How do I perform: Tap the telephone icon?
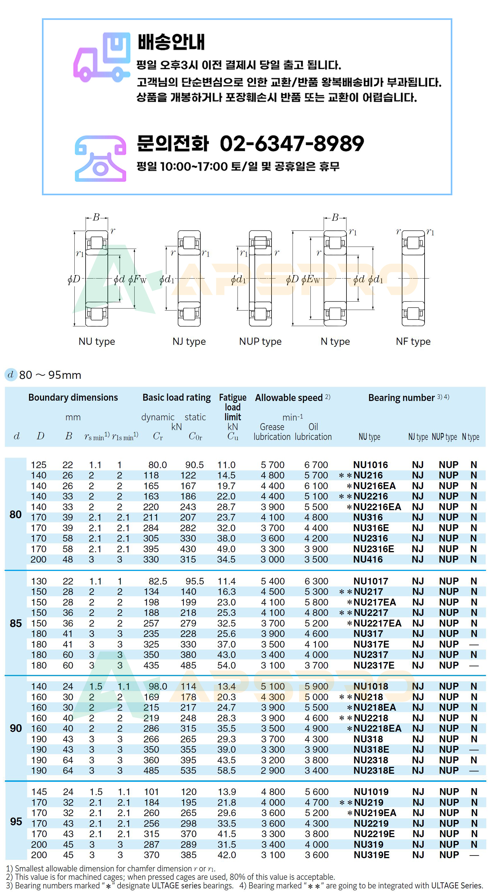[x=100, y=158]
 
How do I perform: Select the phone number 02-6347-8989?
[x=292, y=143]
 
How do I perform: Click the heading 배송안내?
[x=171, y=42]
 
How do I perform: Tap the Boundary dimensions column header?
[x=73, y=397]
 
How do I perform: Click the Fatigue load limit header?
[x=233, y=407]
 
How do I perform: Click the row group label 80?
[x=16, y=514]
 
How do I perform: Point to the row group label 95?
[x=16, y=821]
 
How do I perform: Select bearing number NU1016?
[x=370, y=465]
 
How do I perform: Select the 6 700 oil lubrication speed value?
[x=316, y=465]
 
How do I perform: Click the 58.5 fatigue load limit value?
[x=227, y=770]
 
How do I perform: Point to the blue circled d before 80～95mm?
[x=11, y=374]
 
